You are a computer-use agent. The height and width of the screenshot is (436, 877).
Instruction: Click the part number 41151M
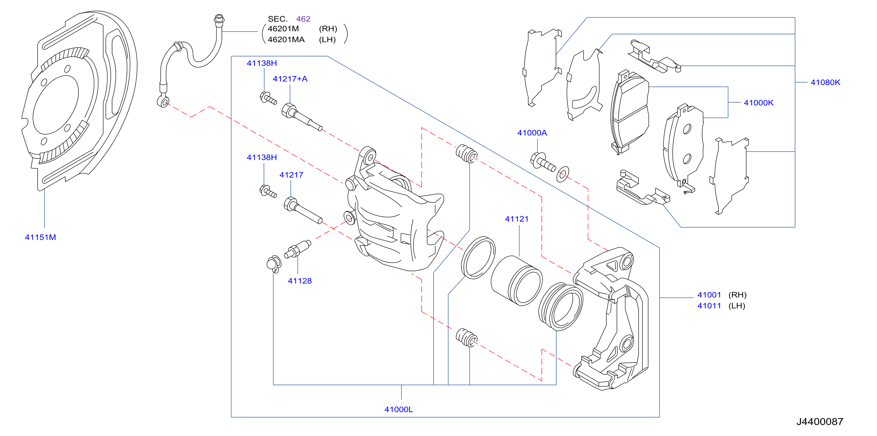click(x=40, y=237)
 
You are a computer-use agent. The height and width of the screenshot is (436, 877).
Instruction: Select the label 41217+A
click(x=290, y=79)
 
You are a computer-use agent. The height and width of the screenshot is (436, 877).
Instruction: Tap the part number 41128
click(x=299, y=281)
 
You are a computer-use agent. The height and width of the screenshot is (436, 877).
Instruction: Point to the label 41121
click(x=516, y=219)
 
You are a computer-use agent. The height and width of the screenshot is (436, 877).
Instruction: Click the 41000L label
click(x=399, y=410)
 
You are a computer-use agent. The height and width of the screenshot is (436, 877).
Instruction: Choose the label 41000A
click(x=532, y=133)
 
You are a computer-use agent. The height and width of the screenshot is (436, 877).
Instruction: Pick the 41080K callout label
click(x=825, y=82)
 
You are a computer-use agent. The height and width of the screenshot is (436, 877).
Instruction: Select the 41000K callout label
click(x=759, y=103)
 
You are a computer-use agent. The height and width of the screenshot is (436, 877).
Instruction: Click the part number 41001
click(x=709, y=295)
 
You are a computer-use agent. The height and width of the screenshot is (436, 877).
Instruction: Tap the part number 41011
click(x=709, y=306)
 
